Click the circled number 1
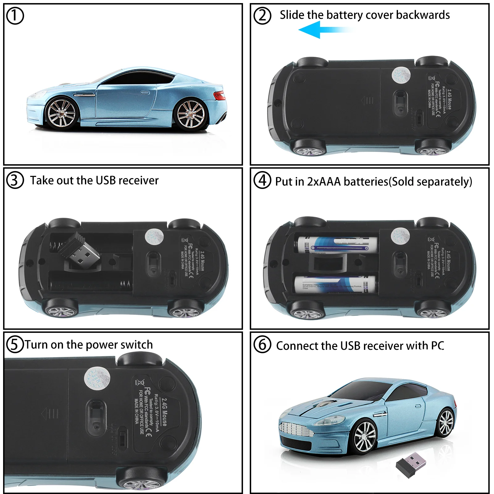coord(15,16)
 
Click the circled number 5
coord(15,344)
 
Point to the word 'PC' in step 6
coord(437,346)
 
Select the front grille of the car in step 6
coord(296,429)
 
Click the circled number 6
coord(262,345)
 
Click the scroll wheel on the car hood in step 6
coord(324,403)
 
